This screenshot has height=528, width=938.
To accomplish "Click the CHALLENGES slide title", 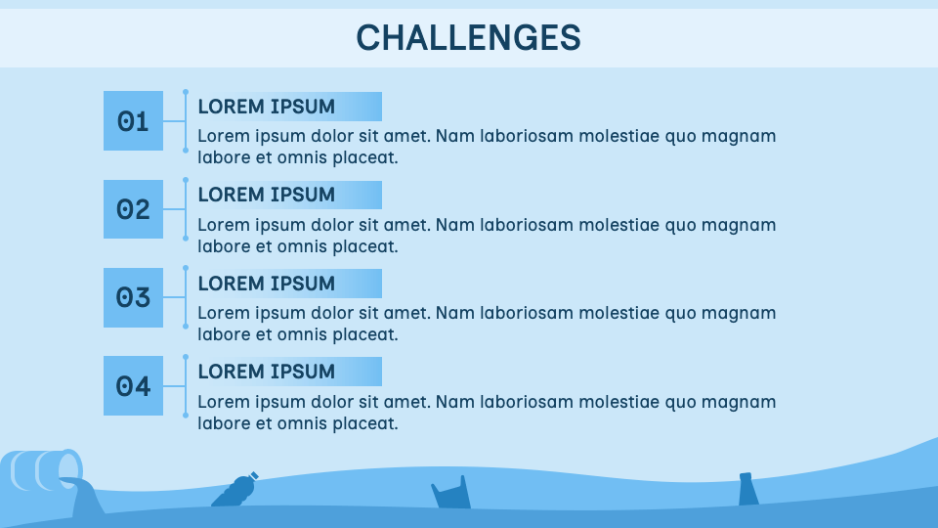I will pos(468,37).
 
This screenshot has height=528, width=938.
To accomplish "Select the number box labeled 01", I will pos(133,121).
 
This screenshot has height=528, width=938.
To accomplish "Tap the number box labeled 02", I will pos(133,209).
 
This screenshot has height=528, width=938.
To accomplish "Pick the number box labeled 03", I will pos(133,297).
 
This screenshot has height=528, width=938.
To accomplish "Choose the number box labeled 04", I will pos(133,386).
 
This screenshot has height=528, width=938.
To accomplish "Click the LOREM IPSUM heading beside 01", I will pos(267,107).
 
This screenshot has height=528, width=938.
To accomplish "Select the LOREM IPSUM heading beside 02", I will pos(267,195).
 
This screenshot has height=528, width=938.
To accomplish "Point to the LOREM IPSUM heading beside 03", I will pos(267,284).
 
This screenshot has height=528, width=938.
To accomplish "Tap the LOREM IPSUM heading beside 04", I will pos(267,372).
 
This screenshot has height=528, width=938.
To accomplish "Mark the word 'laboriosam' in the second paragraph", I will pos(527,225).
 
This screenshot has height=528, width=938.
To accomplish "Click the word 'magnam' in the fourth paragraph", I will pos(743,402).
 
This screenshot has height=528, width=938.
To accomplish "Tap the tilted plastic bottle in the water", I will pos(235,490).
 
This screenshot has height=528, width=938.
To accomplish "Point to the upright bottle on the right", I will pos(748,489).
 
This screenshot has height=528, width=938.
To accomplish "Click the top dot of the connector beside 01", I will pos(186,92).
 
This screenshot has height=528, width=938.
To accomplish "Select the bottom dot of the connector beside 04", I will pos(186,416).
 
